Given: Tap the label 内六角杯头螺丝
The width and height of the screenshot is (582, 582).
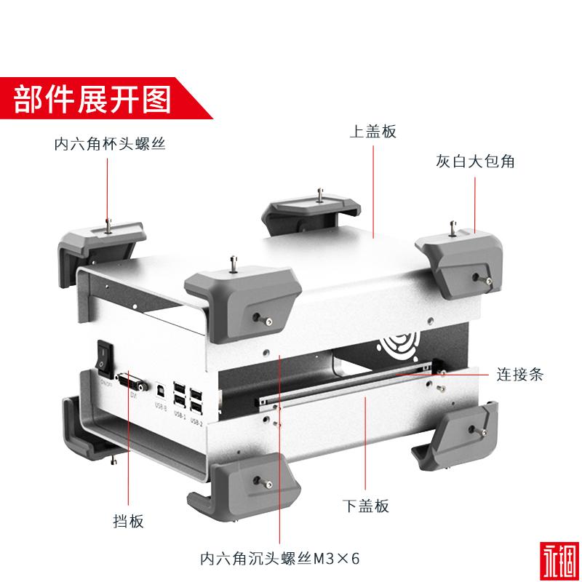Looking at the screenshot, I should pyautogui.click(x=110, y=144).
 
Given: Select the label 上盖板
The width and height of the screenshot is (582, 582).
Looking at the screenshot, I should pyautogui.click(x=372, y=132).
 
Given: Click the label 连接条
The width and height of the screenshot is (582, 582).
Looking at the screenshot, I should pyautogui.click(x=519, y=375).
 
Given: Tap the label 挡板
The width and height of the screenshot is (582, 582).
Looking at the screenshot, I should pyautogui.click(x=129, y=521).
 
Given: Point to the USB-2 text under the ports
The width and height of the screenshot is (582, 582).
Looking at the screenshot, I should pyautogui.click(x=195, y=420).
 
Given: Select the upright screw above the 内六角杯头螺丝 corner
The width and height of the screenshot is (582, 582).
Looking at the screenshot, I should pyautogui.click(x=108, y=225).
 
